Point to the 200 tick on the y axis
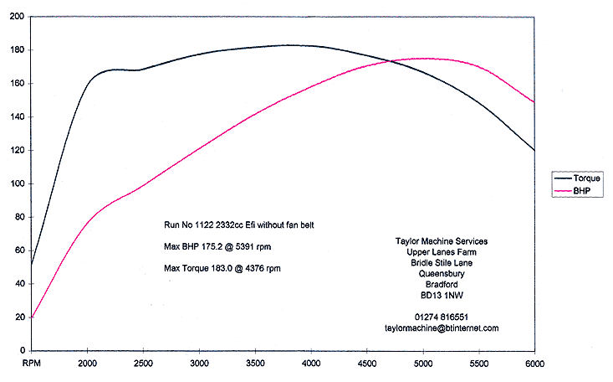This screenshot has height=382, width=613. [16, 17]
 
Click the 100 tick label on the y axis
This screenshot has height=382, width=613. [16, 183]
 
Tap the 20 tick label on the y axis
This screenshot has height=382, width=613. [18, 317]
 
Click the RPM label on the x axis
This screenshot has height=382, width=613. [32, 364]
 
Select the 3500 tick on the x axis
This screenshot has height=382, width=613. [255, 364]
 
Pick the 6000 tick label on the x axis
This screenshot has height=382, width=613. [534, 364]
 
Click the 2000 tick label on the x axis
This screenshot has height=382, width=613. [87, 364]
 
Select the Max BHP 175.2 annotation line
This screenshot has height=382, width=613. [217, 247]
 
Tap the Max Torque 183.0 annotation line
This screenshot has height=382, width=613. [222, 268]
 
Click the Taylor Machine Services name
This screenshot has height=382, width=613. [442, 241]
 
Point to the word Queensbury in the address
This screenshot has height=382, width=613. [442, 273]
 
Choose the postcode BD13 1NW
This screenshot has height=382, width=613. [442, 295]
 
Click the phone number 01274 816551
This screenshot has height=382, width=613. [442, 317]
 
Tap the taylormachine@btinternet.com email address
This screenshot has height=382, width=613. [442, 328]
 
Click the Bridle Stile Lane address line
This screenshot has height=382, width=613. [442, 262]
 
